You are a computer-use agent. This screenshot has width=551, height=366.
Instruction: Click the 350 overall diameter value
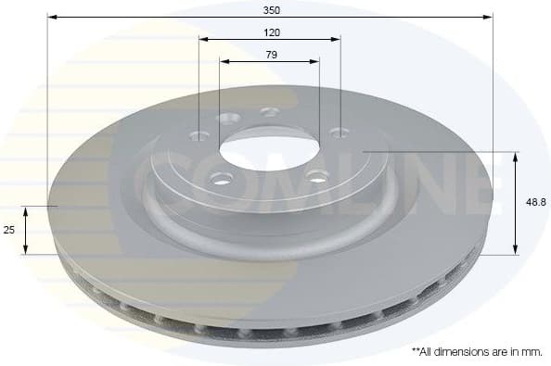point(271,9)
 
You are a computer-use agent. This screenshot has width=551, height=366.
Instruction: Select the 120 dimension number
point(271,32)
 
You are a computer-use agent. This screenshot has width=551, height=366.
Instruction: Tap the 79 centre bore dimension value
point(271,55)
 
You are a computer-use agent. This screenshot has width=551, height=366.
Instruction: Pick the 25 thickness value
point(10,230)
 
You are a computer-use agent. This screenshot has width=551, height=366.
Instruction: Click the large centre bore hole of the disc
point(267,145)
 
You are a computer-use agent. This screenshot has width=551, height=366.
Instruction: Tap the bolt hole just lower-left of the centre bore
point(220,178)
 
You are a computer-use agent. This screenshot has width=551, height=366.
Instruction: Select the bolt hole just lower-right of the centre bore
point(315,176)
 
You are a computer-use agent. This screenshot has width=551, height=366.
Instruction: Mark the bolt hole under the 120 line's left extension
point(198,134)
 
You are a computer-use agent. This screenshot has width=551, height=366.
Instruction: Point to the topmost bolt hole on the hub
point(270,112)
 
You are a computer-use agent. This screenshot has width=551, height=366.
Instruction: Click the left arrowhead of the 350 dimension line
point(52,17)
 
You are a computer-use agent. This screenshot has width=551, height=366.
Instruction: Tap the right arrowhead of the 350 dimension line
point(488,17)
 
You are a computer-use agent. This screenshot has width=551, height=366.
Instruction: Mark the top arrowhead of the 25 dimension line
point(27,210)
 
